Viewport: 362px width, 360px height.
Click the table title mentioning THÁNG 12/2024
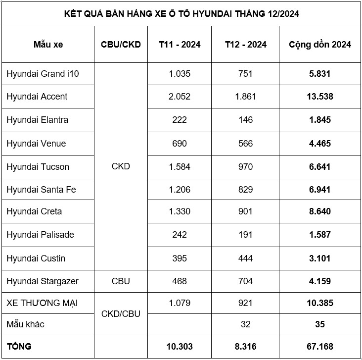pyautogui.click(x=181, y=13)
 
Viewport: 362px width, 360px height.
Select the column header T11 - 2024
pyautogui.click(x=180, y=45)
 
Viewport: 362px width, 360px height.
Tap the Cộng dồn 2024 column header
pyautogui.click(x=320, y=45)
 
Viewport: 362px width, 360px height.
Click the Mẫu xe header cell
pyautogui.click(x=48, y=45)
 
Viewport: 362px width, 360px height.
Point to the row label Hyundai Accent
pyautogui.click(x=37, y=97)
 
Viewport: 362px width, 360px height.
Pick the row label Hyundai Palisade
pyautogui.click(x=40, y=235)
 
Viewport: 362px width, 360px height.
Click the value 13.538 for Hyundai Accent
pyautogui.click(x=319, y=97)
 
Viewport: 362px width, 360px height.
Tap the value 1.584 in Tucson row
pyautogui.click(x=180, y=166)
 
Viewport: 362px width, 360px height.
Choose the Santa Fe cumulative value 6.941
pyautogui.click(x=319, y=190)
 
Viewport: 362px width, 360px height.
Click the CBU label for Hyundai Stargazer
pyautogui.click(x=121, y=281)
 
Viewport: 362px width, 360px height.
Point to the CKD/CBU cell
pyautogui.click(x=121, y=313)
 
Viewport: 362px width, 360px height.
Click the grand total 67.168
pyautogui.click(x=319, y=347)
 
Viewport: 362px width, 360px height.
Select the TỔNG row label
pyautogui.click(x=19, y=347)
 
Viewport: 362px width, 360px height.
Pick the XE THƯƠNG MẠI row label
pyautogui.click(x=42, y=303)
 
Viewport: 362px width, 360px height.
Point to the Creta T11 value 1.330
pyautogui.click(x=180, y=211)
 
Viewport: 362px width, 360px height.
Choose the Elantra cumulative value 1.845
pyautogui.click(x=319, y=120)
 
